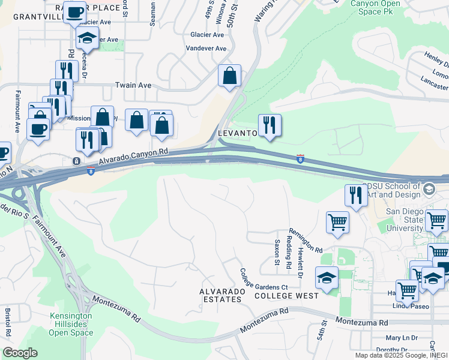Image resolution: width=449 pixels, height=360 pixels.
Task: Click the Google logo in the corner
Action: click(20, 353)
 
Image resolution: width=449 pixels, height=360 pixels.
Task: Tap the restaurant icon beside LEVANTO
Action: click(270, 125)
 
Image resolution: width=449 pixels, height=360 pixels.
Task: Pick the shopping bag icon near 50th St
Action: click(229, 76)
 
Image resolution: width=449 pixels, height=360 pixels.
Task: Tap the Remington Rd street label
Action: click(306, 240)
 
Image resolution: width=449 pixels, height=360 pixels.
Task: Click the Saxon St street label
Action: click(277, 253)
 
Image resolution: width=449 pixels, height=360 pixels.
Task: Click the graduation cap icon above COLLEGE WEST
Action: click(327, 278)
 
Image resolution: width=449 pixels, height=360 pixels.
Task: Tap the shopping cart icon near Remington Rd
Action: click(337, 222)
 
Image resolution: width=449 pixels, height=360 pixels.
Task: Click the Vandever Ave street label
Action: click(206, 48)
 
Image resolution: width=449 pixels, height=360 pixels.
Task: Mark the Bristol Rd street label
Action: click(8, 323)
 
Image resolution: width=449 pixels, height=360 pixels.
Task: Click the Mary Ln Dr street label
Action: click(402, 338)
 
